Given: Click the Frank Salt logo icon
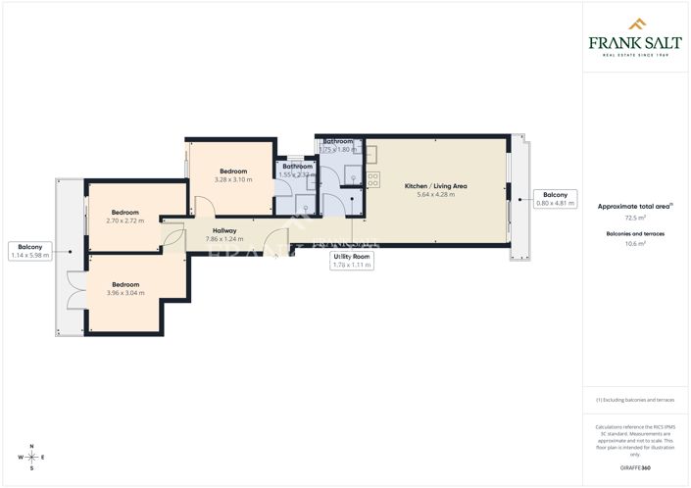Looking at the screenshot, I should click(x=636, y=24).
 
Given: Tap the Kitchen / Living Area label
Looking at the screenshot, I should click(x=436, y=185).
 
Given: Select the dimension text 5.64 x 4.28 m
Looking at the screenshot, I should click(x=436, y=194).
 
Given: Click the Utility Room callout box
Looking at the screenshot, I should click(x=352, y=261).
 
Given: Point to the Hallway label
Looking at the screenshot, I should click(x=224, y=230).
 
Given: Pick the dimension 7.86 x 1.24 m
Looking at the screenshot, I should click(x=224, y=239).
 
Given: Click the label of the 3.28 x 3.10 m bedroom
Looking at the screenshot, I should click(x=232, y=171).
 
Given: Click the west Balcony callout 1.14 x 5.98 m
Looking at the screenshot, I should click(x=29, y=251).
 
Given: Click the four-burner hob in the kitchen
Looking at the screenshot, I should click(x=372, y=178).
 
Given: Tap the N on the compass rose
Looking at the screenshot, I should click(x=31, y=447).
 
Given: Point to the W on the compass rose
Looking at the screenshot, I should click(x=20, y=458).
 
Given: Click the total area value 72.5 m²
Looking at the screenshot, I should click(x=635, y=220).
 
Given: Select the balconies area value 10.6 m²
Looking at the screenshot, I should click(x=635, y=245).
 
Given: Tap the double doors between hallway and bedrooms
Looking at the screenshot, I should click(x=173, y=238).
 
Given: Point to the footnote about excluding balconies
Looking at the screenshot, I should click(x=635, y=400).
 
